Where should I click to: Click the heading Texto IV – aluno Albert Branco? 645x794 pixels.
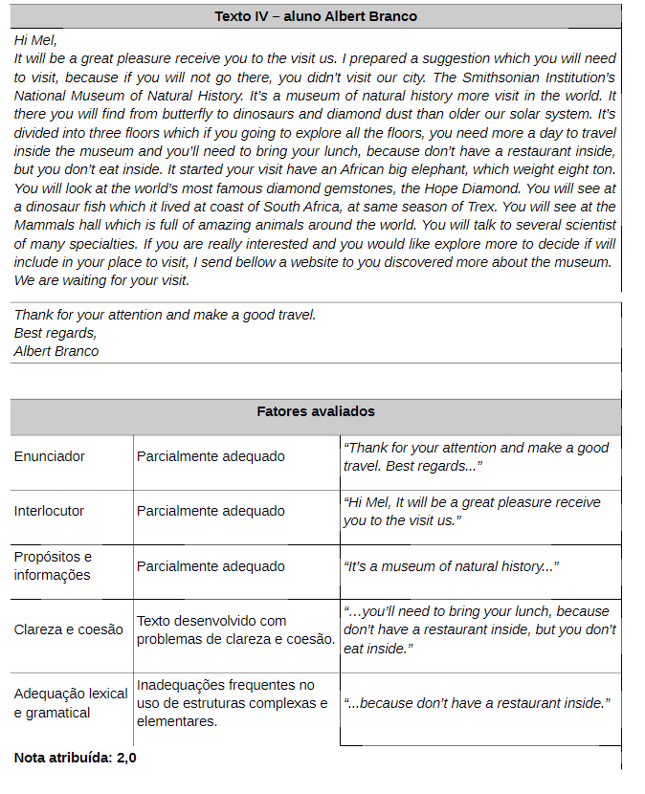tap(316, 16)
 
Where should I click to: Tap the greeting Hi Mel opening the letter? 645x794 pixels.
tap(35, 39)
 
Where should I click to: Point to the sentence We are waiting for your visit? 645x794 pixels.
tap(101, 280)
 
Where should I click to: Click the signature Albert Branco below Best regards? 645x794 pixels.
tap(56, 351)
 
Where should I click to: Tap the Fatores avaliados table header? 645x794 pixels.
tap(316, 411)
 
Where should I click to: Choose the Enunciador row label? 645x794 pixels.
tap(50, 456)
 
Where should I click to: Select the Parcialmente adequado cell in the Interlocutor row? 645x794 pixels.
tap(211, 511)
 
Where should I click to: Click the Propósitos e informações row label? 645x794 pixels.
tap(53, 565)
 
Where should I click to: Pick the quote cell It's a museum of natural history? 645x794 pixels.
tap(451, 566)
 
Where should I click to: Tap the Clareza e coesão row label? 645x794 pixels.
tap(69, 629)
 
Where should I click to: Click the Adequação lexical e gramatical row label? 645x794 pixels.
tap(71, 703)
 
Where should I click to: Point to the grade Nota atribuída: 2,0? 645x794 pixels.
tap(75, 758)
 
